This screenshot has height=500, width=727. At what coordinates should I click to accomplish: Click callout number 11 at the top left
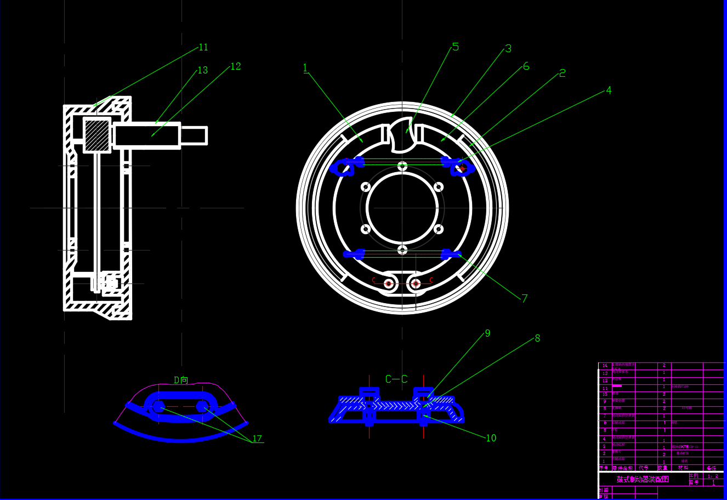click(203, 48)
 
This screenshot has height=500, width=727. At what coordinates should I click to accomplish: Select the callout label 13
click(203, 70)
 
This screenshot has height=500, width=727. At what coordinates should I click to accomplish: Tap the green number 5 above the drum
click(455, 47)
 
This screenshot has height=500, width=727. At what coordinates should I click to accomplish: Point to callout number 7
click(525, 299)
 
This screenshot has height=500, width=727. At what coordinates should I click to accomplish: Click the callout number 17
click(257, 439)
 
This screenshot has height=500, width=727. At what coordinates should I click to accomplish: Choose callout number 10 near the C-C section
click(491, 438)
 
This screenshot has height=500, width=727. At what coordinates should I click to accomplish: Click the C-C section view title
click(396, 379)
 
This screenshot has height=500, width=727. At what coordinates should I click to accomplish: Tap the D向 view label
click(181, 380)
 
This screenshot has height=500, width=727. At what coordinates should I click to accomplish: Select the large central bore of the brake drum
click(402, 208)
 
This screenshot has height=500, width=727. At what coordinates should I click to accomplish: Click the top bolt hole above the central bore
click(402, 166)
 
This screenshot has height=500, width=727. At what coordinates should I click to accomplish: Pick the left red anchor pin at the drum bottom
click(389, 283)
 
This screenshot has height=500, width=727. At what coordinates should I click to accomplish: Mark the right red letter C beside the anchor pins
click(431, 281)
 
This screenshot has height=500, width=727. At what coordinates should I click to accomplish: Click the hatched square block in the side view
click(97, 135)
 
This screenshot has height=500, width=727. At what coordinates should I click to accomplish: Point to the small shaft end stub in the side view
click(194, 135)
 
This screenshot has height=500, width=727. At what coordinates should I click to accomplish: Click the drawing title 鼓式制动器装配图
click(643, 479)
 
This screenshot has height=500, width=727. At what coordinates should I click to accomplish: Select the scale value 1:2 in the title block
click(713, 476)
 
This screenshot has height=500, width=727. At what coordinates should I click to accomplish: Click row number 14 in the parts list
click(605, 365)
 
